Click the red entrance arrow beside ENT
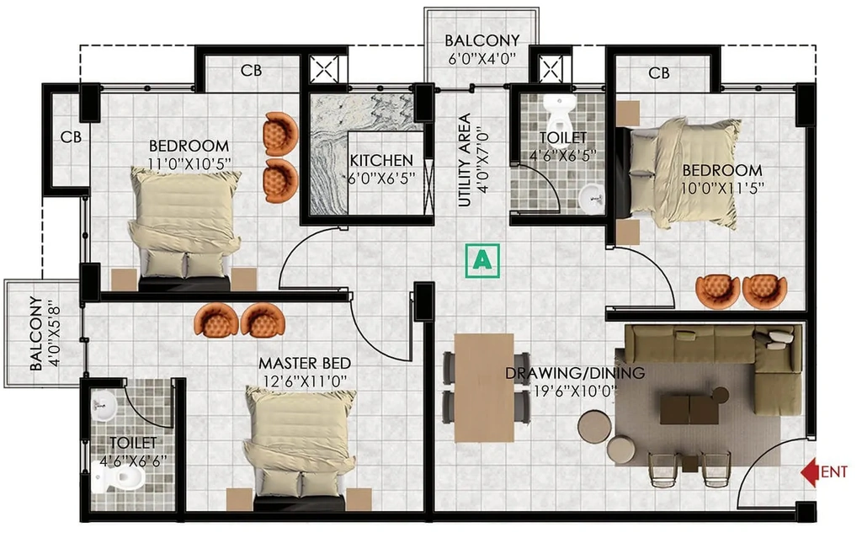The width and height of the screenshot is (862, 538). pyautogui.click(x=809, y=472)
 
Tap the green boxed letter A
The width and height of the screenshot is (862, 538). pyautogui.click(x=482, y=260)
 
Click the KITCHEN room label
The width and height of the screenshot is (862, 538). pyautogui.click(x=381, y=161)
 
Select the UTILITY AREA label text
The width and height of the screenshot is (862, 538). pyautogui.click(x=465, y=159)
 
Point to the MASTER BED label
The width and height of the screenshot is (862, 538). pyautogui.click(x=305, y=364)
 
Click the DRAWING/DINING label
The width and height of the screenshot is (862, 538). pyautogui.click(x=575, y=373)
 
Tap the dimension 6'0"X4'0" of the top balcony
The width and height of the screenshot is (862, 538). pyautogui.click(x=482, y=58)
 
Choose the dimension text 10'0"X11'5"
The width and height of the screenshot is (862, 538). pyautogui.click(x=722, y=189)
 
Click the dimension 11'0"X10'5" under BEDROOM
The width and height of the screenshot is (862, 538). pyautogui.click(x=189, y=163)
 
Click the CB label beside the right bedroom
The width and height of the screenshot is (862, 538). pyautogui.click(x=658, y=72)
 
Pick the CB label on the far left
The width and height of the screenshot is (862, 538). pyautogui.click(x=71, y=137)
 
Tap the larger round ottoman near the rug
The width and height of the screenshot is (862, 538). pyautogui.click(x=594, y=426)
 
